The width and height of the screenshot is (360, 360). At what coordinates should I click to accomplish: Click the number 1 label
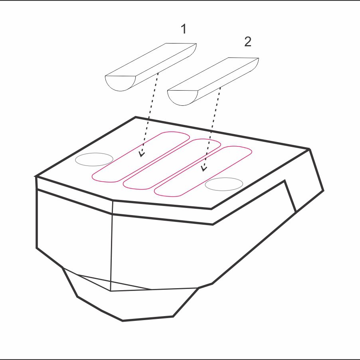184,29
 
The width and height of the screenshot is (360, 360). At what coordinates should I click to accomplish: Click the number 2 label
248,42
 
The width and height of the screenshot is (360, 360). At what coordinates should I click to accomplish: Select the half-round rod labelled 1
151,67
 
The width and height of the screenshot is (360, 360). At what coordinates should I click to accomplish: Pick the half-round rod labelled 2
213,81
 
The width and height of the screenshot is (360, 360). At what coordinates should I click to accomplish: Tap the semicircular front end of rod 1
120,83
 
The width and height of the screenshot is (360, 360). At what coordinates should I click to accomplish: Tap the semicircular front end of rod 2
182,97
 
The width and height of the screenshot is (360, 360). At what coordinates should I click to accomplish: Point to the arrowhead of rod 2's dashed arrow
204,168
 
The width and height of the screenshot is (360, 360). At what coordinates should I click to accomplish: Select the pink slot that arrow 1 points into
141,157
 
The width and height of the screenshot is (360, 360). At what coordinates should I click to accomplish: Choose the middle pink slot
172,164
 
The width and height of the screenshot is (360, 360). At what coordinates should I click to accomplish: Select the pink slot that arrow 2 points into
203,171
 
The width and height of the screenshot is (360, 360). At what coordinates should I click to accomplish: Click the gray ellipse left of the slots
94,159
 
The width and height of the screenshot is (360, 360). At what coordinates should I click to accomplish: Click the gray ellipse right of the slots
224,184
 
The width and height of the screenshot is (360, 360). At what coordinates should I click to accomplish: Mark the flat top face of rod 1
151,60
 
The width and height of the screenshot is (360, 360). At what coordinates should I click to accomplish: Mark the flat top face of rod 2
213,74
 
